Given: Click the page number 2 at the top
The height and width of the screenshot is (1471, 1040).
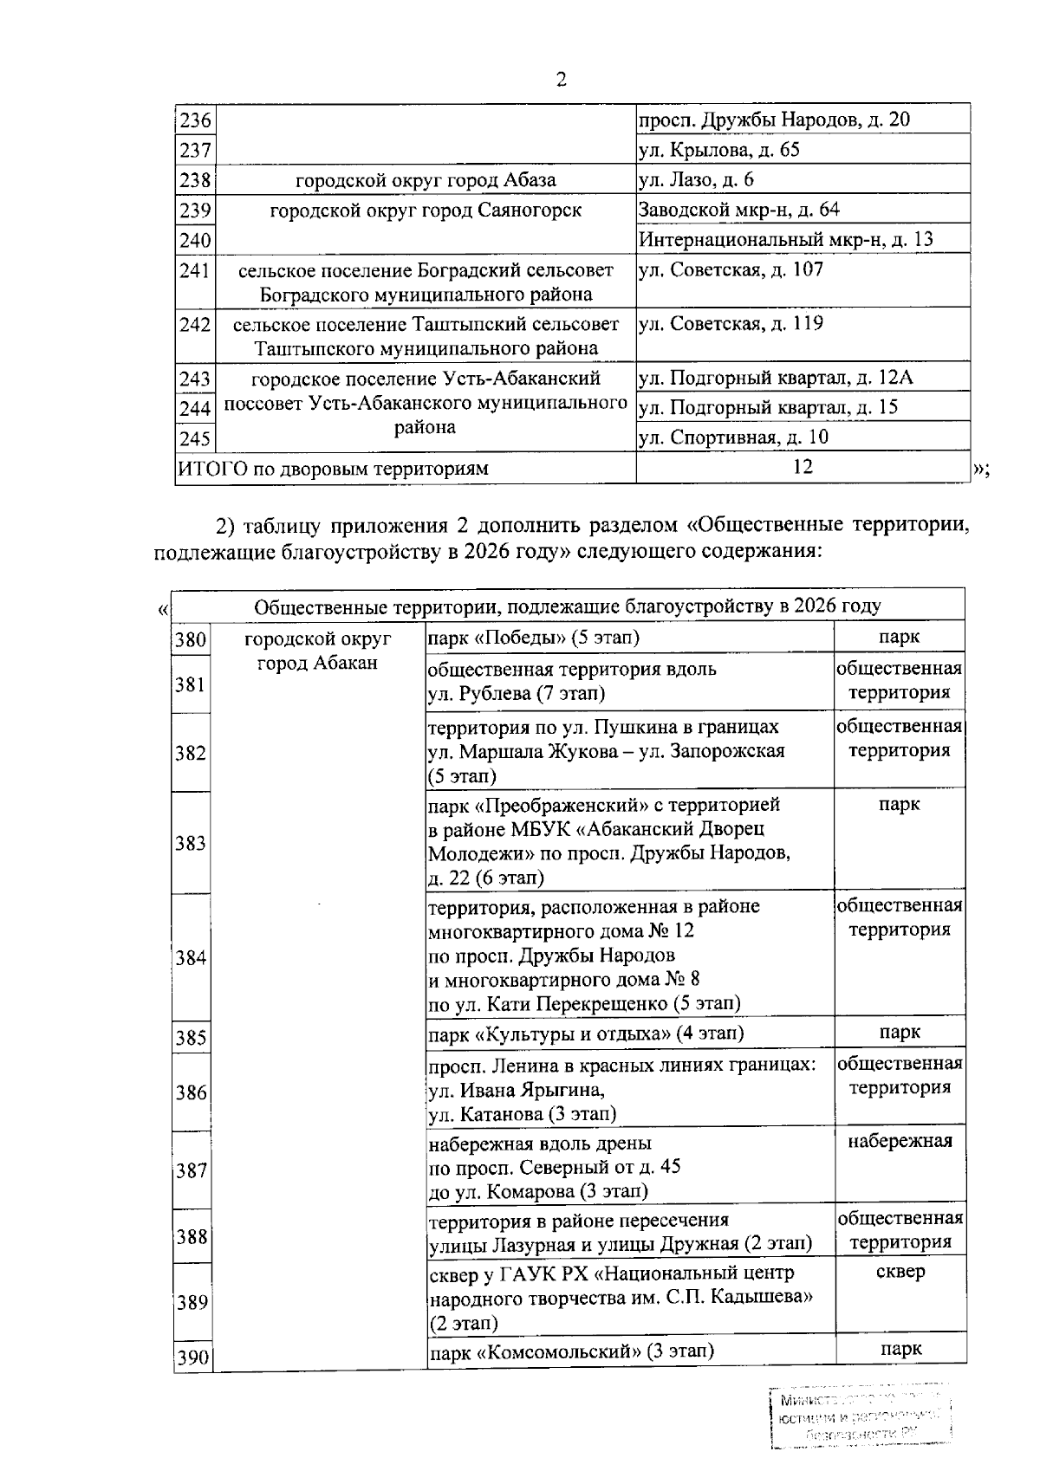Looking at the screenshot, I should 560,80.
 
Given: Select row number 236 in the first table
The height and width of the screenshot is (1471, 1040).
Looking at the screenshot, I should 195,120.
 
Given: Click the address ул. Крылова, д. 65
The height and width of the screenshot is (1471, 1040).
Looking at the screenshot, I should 718,150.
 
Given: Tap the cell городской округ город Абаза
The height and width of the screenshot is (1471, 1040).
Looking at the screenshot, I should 426,180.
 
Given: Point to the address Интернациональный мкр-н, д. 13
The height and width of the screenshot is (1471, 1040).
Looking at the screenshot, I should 785,239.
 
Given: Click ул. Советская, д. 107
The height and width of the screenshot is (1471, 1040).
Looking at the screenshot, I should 731,269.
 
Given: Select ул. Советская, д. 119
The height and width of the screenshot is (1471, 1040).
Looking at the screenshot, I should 731,324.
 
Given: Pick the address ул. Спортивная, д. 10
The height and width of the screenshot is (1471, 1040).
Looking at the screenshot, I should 733,437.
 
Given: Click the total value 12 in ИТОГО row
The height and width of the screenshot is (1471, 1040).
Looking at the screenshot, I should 803,467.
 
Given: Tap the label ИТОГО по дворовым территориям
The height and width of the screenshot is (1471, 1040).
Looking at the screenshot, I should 333,469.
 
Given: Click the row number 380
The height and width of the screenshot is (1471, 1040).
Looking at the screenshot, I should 190,640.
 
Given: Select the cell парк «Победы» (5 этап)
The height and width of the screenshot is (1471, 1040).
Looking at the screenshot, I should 534,638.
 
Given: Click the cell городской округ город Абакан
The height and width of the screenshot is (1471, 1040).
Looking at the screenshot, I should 318,651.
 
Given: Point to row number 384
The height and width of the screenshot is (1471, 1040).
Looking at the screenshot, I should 190,958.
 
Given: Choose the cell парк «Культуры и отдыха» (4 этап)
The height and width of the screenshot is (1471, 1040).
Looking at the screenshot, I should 586,1034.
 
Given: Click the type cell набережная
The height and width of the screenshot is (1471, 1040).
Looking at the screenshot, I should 900,1141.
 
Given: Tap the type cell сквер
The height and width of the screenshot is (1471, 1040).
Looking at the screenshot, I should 900,1272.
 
